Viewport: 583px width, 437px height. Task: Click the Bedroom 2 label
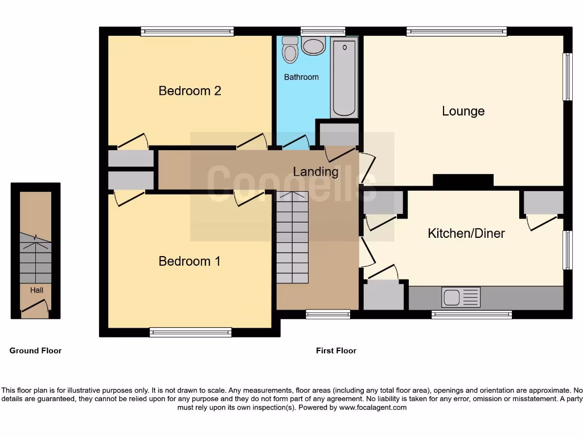(x=190, y=90)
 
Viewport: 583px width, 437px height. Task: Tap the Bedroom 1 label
(x=190, y=261)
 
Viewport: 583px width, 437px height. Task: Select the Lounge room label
(x=463, y=111)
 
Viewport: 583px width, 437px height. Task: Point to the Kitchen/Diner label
(x=466, y=233)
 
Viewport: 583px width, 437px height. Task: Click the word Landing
(x=315, y=171)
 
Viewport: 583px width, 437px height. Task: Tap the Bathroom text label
(x=301, y=77)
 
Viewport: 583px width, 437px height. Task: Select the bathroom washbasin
(x=313, y=46)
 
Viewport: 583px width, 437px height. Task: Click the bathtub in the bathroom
(x=344, y=77)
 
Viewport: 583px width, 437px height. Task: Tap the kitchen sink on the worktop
(x=461, y=297)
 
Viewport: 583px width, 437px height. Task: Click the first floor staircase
(x=292, y=237)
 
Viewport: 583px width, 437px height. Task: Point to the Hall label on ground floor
(x=36, y=290)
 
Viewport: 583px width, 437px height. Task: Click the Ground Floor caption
(x=35, y=351)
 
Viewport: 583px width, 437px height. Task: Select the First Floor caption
(x=336, y=351)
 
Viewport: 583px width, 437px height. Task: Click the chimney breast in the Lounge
(x=463, y=180)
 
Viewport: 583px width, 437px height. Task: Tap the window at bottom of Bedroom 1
(x=191, y=332)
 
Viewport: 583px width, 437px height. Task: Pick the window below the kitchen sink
(x=471, y=314)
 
